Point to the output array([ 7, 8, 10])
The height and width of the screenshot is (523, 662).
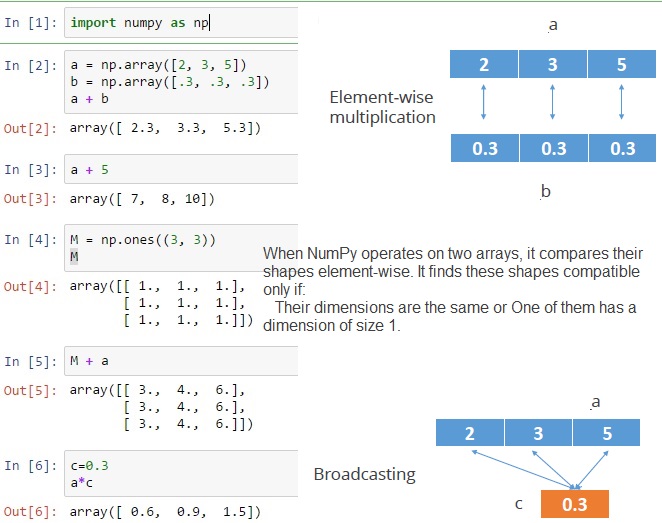tap(143, 198)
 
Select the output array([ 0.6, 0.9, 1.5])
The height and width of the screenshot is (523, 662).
tap(166, 512)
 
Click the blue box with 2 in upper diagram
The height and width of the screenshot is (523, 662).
tap(484, 65)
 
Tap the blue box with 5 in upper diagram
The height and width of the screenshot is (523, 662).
tap(622, 65)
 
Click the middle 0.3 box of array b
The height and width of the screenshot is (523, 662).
tap(553, 148)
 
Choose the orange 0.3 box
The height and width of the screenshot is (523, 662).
tap(574, 504)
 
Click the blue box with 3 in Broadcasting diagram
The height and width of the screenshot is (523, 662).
tap(539, 434)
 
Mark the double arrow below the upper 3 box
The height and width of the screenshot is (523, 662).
tap(553, 103)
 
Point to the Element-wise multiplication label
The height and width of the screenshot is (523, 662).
tap(382, 107)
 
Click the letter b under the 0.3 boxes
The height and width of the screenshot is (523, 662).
tap(546, 190)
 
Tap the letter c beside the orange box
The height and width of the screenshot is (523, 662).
tap(519, 504)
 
